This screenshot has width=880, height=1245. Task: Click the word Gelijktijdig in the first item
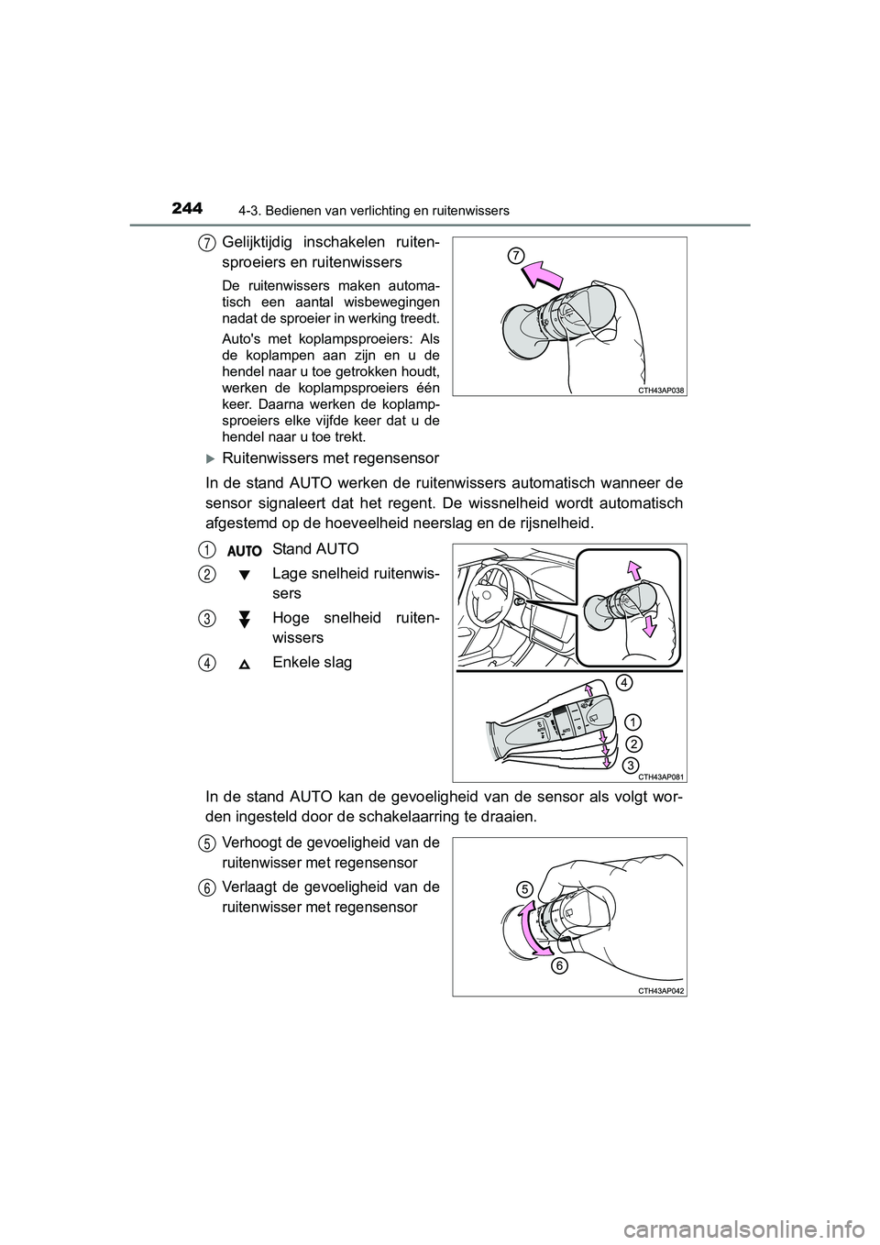tap(260, 243)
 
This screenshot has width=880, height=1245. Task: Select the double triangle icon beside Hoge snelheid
tap(245, 620)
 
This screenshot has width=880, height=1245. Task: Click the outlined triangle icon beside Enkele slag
tap(245, 664)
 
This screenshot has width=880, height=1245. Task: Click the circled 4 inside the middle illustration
tap(623, 682)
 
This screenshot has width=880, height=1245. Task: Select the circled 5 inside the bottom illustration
tap(523, 887)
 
